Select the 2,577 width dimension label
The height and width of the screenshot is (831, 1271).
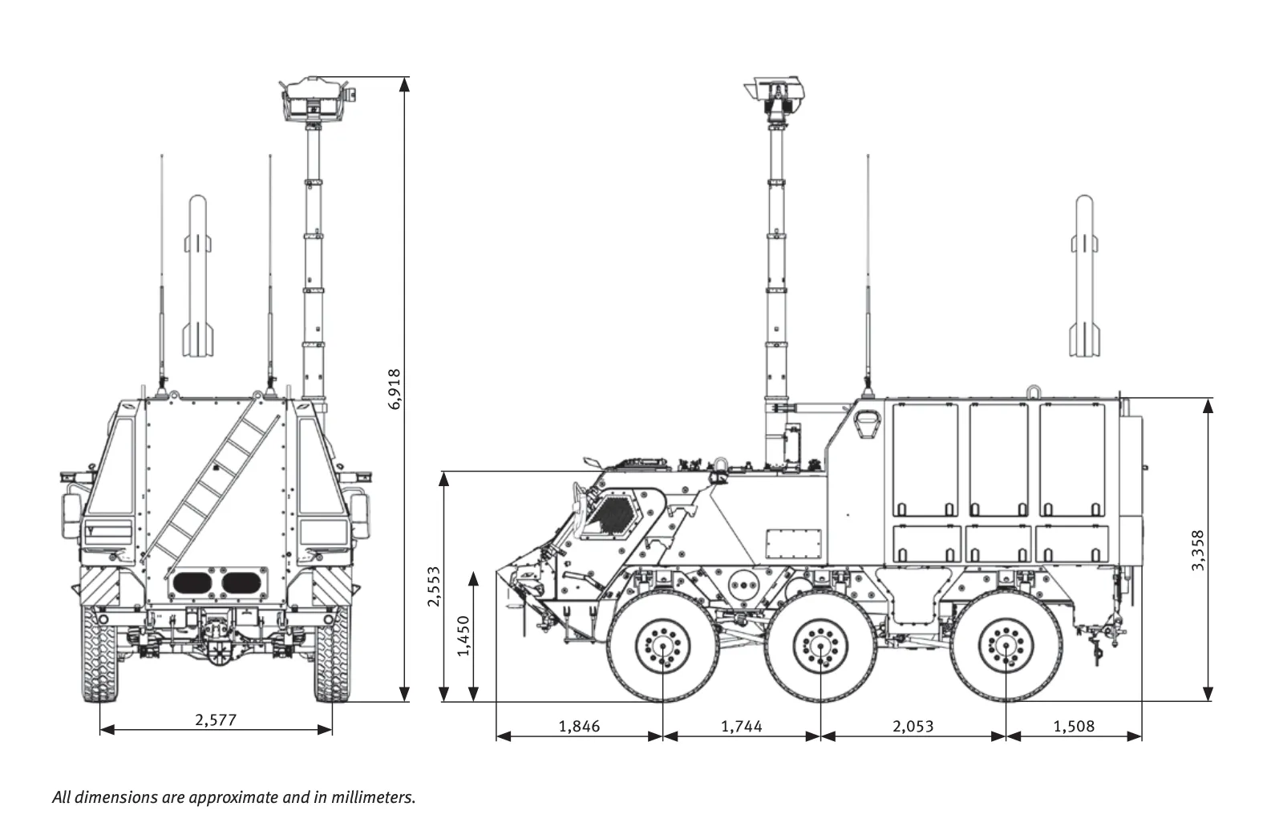click(216, 720)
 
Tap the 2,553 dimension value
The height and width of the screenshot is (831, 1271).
click(433, 586)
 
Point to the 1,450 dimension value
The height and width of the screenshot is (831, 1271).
click(463, 635)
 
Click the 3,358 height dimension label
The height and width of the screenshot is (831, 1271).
click(1197, 550)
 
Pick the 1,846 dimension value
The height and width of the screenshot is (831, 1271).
click(579, 727)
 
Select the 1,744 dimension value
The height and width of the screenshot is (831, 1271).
click(742, 727)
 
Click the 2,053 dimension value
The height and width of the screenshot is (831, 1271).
click(913, 727)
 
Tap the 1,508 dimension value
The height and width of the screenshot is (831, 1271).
click(1074, 727)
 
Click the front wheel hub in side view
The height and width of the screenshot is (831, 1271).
click(663, 646)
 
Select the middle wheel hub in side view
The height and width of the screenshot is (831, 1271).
click(820, 646)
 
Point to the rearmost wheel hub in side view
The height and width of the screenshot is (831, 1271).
click(1006, 646)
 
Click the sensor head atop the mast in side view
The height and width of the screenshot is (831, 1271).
click(775, 95)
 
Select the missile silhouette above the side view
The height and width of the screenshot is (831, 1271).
click(1083, 277)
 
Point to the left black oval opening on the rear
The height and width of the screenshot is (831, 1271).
click(190, 582)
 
